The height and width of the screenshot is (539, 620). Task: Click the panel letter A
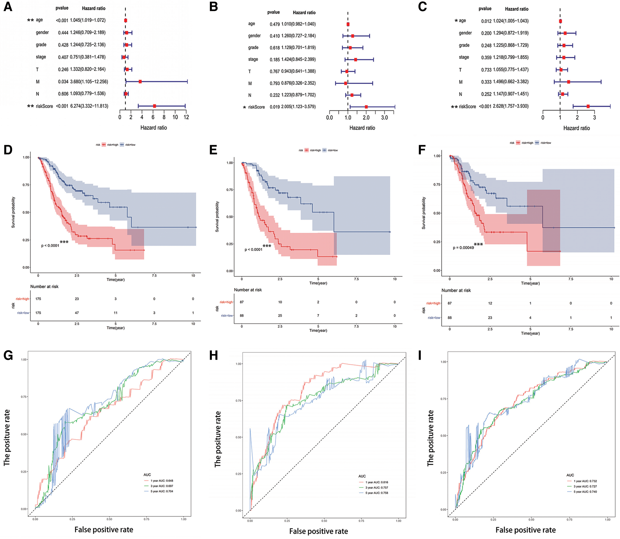[8, 7]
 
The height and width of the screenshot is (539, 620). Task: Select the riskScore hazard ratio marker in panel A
[154, 106]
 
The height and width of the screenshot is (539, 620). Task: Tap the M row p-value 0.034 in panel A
[63, 82]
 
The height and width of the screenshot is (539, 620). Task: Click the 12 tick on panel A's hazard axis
[186, 117]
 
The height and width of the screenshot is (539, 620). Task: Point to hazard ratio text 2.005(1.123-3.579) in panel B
[298, 107]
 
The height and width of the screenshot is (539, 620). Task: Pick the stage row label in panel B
[253, 59]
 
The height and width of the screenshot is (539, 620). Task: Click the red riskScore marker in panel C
[588, 106]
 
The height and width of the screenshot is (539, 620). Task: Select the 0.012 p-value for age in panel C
[486, 21]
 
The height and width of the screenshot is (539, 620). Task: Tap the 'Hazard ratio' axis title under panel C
[576, 128]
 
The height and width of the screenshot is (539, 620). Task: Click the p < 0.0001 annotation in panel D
[50, 246]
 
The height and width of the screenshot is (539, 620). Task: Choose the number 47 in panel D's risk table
[77, 313]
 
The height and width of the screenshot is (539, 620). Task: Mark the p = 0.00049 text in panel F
[463, 248]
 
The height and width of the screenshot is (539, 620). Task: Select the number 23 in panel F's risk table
[490, 318]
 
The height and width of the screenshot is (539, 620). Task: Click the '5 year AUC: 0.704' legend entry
[161, 491]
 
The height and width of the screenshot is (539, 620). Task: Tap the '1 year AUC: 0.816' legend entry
[376, 482]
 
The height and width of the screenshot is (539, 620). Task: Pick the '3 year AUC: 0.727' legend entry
[585, 486]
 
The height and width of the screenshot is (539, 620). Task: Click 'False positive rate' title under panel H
[319, 531]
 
